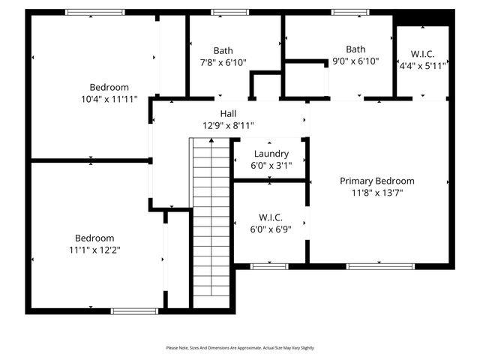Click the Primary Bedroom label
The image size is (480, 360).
376,181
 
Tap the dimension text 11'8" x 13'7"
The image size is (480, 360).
376,193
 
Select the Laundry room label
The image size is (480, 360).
271,154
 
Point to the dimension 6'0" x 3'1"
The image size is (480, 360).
271,166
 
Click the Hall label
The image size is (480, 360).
228,113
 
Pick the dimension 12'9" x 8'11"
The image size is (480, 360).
228,125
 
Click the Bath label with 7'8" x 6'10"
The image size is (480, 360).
223,50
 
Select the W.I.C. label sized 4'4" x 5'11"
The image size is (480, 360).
423,54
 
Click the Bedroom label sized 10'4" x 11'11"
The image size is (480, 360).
109,86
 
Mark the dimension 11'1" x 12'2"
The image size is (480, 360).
94,250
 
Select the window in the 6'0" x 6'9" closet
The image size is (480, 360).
269,265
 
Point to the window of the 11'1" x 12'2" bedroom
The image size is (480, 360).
134,310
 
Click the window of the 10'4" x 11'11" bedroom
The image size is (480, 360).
95,12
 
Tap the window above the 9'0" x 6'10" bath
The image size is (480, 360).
350,12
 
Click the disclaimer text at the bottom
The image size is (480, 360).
240,348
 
